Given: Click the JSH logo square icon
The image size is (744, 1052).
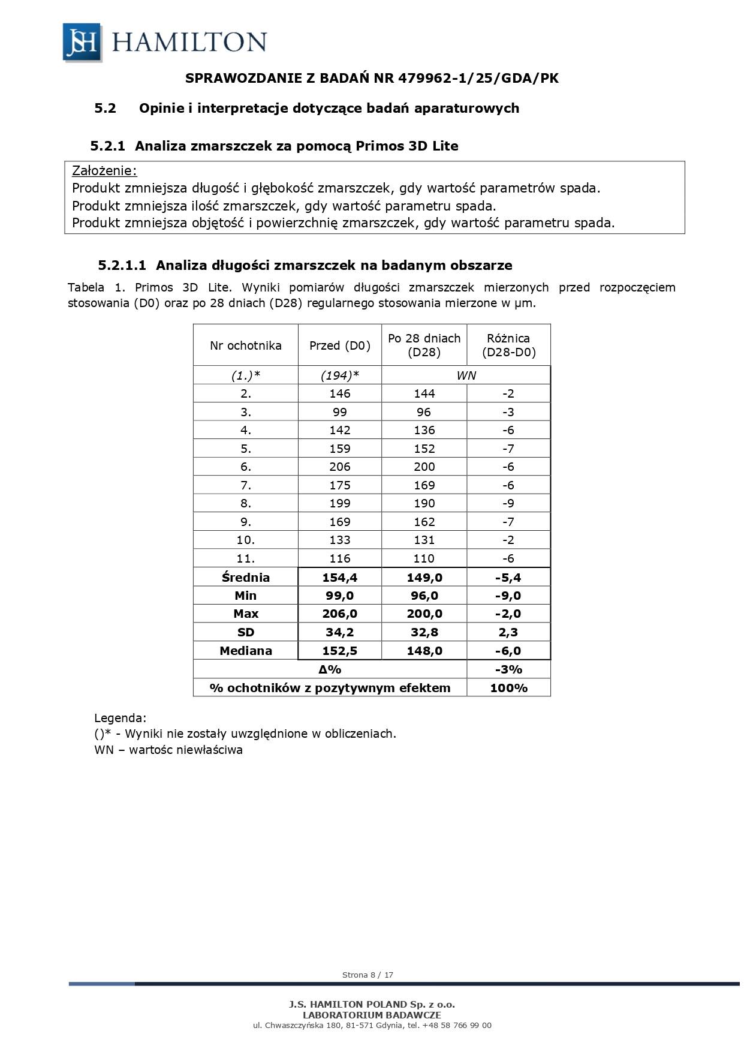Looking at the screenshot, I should [x=82, y=42].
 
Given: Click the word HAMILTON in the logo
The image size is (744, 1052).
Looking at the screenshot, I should [x=189, y=42].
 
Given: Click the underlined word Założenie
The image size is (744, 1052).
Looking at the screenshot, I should [x=104, y=171].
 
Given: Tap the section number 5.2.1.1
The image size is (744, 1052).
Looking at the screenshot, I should [x=122, y=265].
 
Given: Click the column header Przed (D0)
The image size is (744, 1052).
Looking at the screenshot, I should [x=340, y=345].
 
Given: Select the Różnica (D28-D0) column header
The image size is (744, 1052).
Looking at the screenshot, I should [x=508, y=345].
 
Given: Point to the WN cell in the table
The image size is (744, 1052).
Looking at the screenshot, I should [x=466, y=375].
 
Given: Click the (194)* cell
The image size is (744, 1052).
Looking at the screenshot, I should [x=340, y=375].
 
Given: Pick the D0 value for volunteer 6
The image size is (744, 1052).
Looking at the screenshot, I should [x=340, y=467].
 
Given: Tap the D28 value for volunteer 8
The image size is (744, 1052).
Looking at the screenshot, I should [x=424, y=503].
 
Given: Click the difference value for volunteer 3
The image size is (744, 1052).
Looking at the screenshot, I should [x=508, y=412].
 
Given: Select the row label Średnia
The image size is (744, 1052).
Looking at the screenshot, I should [x=246, y=578].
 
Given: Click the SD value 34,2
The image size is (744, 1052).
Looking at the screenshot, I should [x=340, y=632].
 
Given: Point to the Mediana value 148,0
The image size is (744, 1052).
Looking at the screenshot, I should [x=424, y=651].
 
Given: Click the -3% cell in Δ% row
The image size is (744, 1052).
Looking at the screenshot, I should [x=508, y=669].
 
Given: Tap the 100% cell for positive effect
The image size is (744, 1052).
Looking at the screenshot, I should [x=508, y=688].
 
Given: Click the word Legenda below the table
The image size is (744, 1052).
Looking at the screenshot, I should [x=120, y=718].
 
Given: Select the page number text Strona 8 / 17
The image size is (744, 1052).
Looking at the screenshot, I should [x=368, y=975].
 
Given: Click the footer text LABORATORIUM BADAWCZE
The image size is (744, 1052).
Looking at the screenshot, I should [x=372, y=1015].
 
